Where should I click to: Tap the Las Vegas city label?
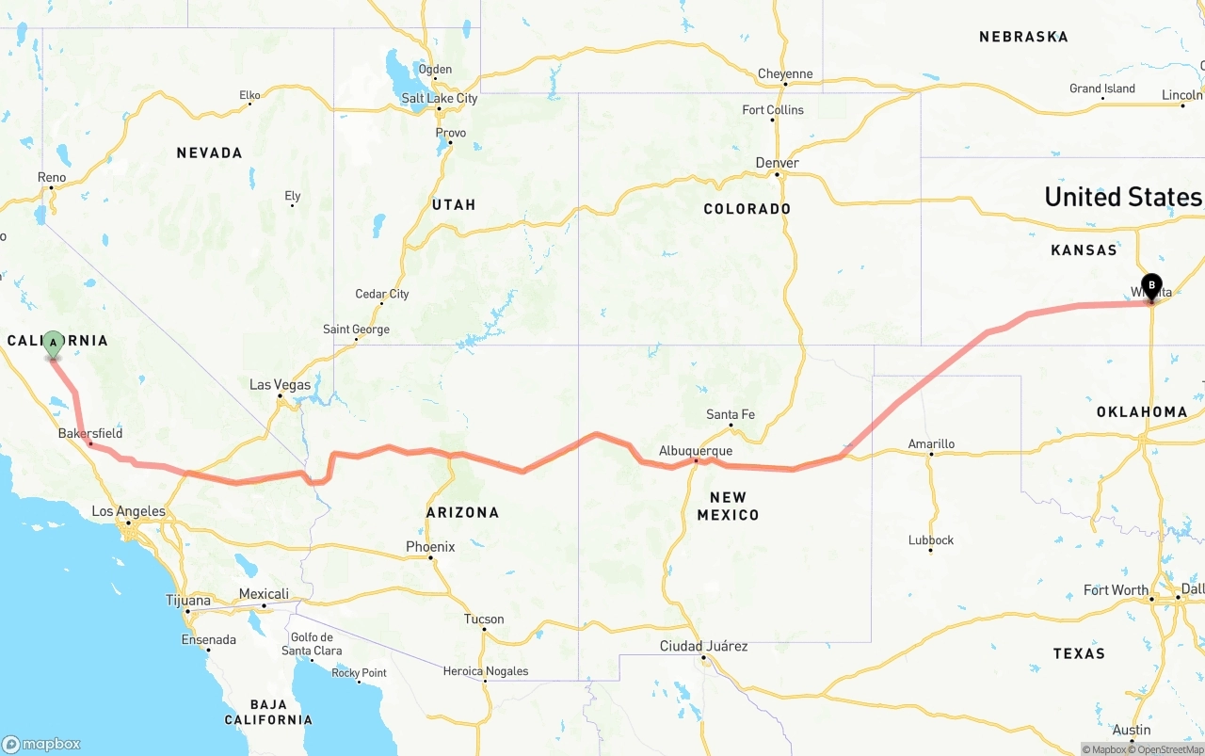point(280,385)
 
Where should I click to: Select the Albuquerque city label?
point(696,451)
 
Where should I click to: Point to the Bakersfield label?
point(90,433)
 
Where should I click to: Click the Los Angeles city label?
point(128,512)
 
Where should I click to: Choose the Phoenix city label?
point(430,547)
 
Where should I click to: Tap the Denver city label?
point(778,163)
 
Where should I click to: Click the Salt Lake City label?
point(440,98)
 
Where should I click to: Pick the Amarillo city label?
point(931,443)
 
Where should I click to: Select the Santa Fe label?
point(731,414)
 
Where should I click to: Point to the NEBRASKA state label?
point(1023,37)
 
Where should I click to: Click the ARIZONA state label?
point(462,512)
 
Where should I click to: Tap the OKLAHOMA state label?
point(1142,411)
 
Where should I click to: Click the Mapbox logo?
point(41,744)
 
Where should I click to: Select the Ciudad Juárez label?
point(703,646)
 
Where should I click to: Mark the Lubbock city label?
point(931,540)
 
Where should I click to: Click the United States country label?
point(1123,197)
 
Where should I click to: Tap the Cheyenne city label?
point(785,74)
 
